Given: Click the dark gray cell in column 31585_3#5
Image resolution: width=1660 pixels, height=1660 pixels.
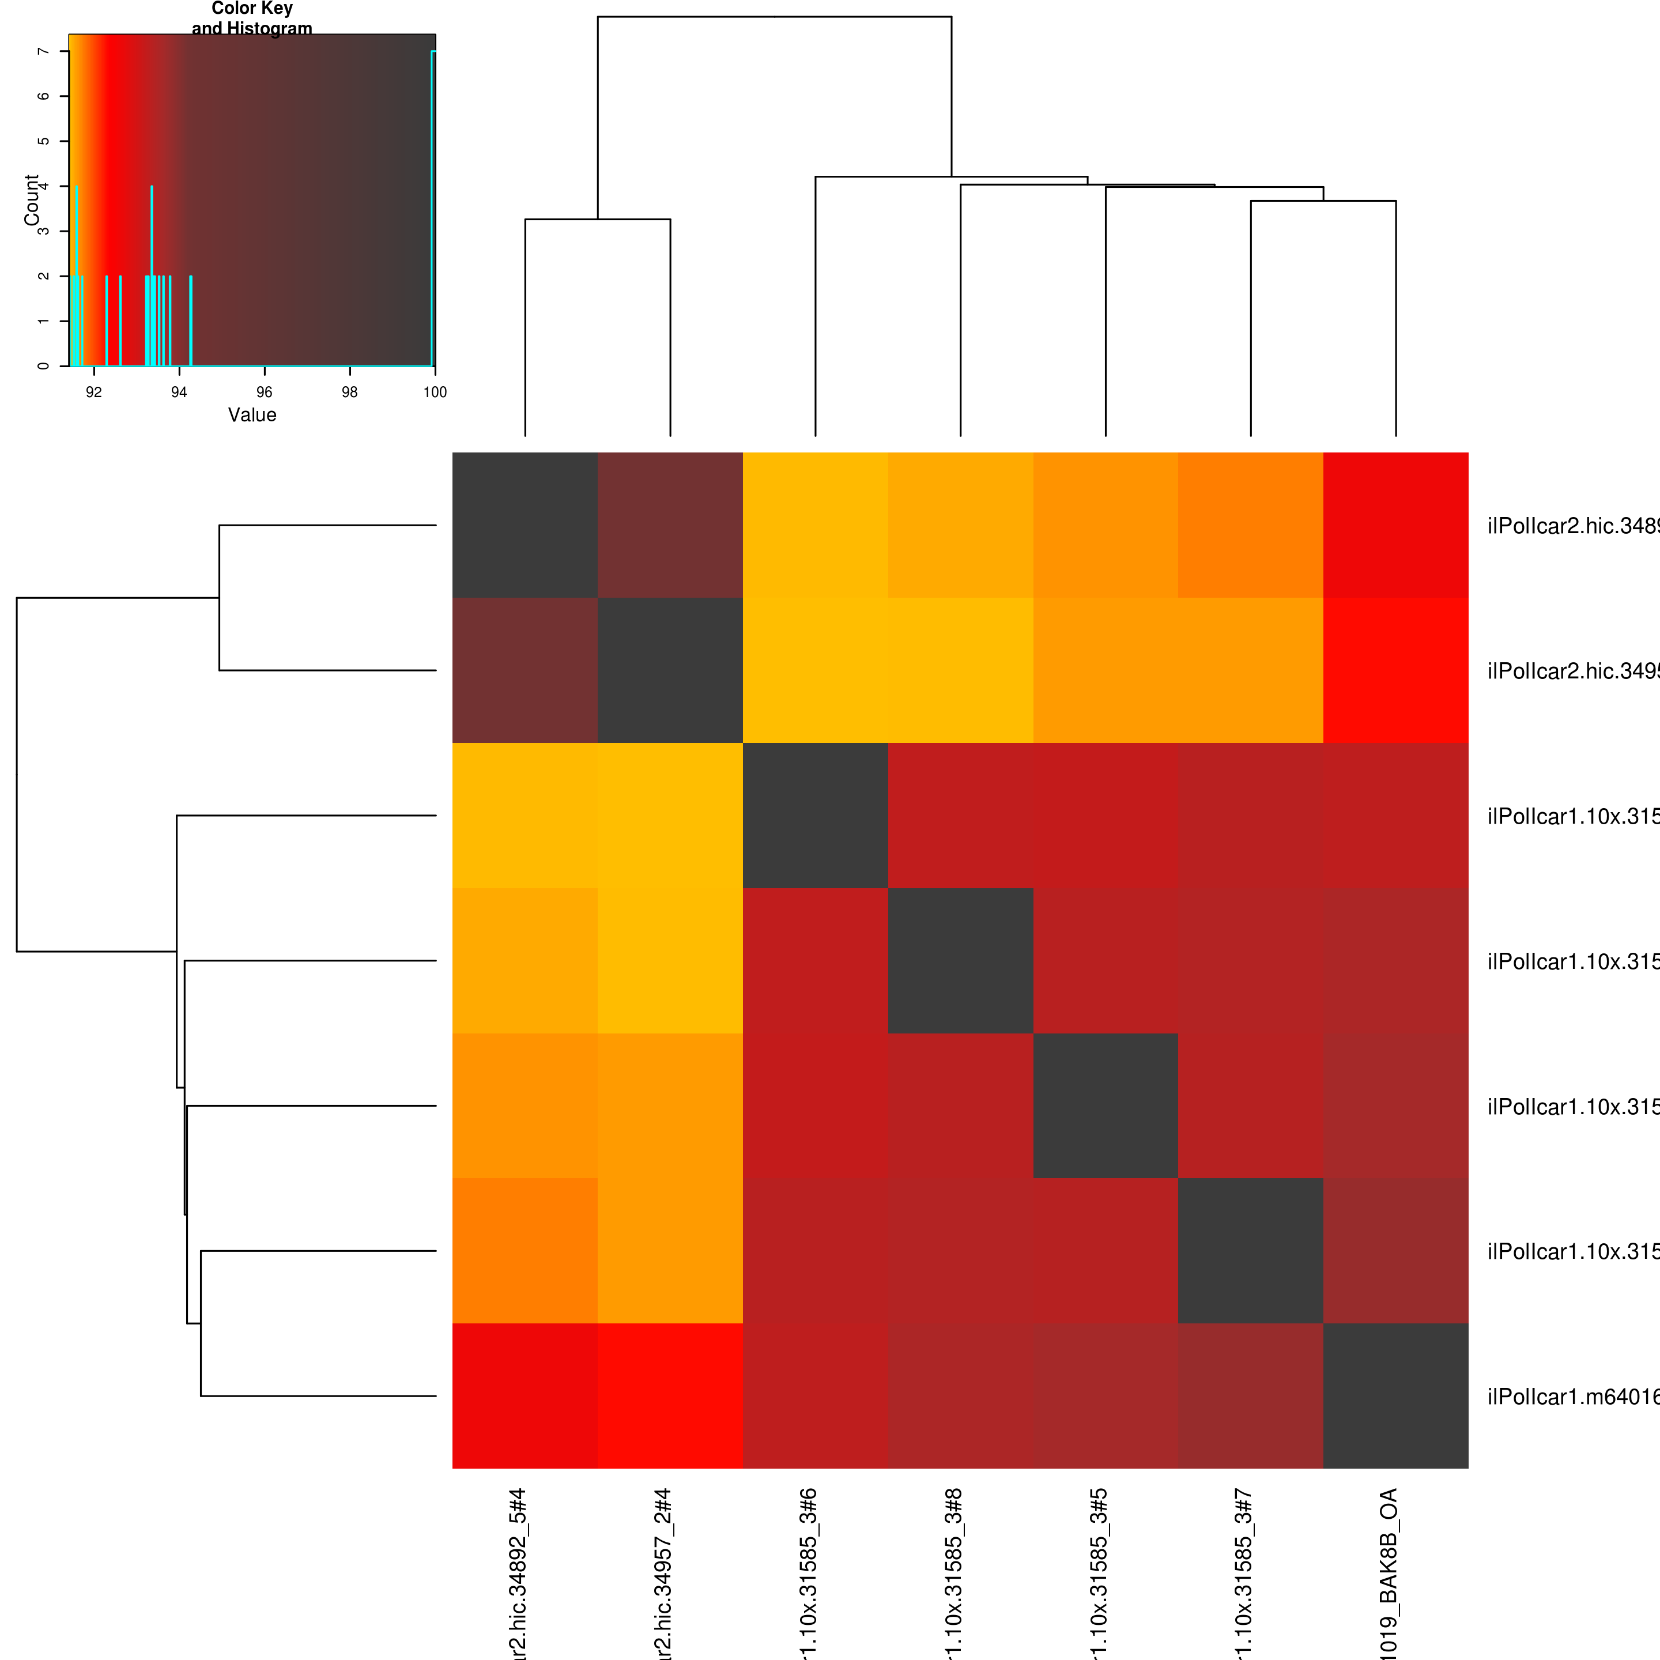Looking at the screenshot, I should click(x=1105, y=1106).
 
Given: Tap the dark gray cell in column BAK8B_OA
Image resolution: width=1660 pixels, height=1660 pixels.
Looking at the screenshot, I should click(x=1395, y=1396).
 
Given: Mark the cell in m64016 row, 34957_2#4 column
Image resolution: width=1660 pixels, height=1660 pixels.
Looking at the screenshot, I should click(x=670, y=1396).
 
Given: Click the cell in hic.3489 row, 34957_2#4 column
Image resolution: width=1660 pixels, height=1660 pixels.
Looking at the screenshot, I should click(x=670, y=525).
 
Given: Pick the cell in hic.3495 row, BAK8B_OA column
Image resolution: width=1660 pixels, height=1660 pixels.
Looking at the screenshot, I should click(x=1395, y=670).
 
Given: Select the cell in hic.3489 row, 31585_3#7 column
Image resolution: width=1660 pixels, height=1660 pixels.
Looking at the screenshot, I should click(x=1250, y=525).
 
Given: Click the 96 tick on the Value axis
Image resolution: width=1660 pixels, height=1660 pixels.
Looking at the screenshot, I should click(x=265, y=393).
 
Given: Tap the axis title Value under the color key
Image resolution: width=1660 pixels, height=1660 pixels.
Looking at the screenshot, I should click(x=252, y=415).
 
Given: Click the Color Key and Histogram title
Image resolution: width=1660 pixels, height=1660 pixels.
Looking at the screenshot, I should click(x=252, y=18).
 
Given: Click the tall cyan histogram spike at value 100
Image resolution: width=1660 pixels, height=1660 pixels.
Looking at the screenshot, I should click(x=433, y=206).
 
